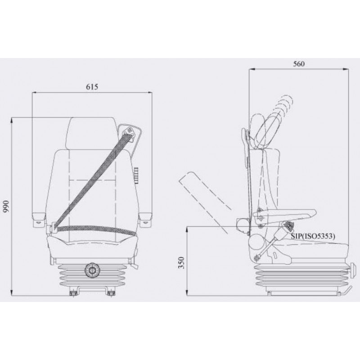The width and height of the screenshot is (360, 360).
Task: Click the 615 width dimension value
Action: click(92, 87)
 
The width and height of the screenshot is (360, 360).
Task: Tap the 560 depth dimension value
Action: click(299, 64)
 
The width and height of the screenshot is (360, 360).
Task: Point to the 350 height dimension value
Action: click(181, 263)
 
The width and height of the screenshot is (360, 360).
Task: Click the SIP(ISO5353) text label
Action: click(313, 236)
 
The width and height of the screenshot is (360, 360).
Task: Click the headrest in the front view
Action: click(92, 134)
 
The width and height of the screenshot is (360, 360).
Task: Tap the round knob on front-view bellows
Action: click(92, 271)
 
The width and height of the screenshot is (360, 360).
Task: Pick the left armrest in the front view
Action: click(38, 220)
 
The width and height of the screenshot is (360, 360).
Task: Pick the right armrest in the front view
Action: click(145, 220)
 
